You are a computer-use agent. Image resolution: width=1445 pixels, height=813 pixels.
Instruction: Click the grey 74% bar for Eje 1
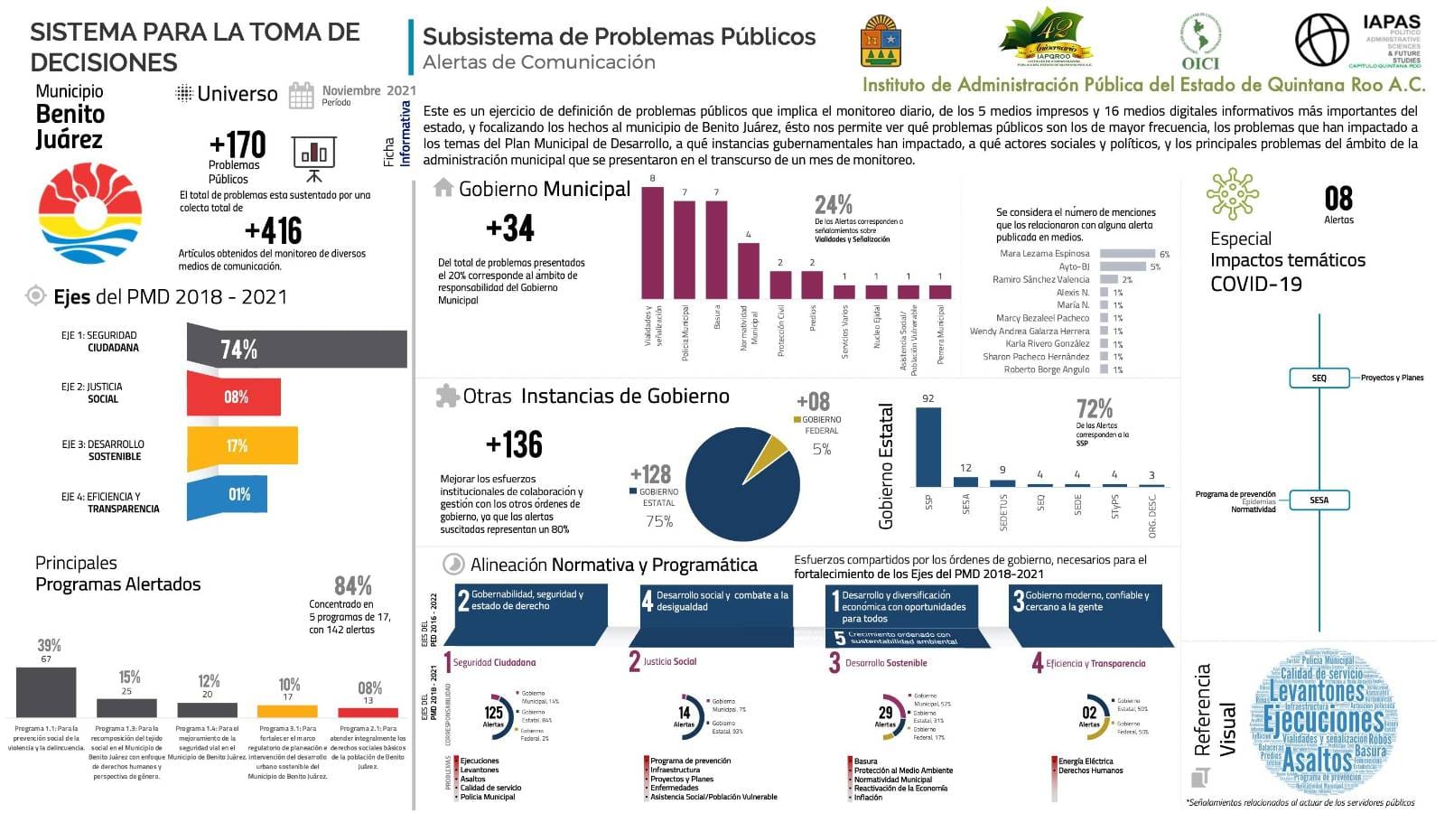[298, 349]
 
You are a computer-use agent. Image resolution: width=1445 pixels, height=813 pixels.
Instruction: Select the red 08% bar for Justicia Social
[235, 397]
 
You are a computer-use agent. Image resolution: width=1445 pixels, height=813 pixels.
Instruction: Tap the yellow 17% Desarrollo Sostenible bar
[242, 445]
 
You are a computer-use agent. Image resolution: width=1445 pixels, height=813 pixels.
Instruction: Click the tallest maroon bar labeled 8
[652, 242]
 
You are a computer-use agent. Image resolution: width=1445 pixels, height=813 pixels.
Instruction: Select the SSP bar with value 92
[928, 447]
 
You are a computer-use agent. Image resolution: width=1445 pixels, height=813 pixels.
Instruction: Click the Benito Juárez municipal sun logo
[90, 213]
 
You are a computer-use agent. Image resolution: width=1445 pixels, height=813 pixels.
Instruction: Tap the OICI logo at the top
[1200, 42]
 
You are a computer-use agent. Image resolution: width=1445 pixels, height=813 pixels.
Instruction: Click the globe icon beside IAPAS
[1322, 41]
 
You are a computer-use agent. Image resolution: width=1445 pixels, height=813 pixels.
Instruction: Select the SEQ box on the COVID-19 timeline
[1319, 378]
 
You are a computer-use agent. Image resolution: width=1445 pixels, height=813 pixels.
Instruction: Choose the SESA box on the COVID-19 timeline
[1319, 500]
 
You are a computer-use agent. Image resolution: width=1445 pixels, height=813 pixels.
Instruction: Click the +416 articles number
[273, 231]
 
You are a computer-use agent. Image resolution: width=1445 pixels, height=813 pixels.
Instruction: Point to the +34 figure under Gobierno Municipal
[510, 229]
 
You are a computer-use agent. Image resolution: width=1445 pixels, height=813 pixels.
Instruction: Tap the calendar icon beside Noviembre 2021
[302, 95]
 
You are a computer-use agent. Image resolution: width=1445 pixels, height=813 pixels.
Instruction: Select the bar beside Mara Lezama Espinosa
[1127, 254]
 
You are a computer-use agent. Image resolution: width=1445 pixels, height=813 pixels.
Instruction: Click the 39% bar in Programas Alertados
[46, 692]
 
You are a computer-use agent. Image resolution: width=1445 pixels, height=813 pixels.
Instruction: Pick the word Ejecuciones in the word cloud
[1323, 720]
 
